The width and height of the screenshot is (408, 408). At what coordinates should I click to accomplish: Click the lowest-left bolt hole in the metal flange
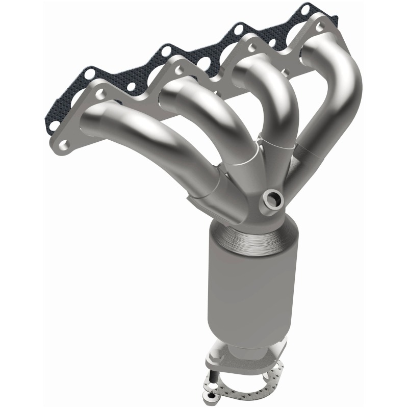pyautogui.click(x=65, y=146)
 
